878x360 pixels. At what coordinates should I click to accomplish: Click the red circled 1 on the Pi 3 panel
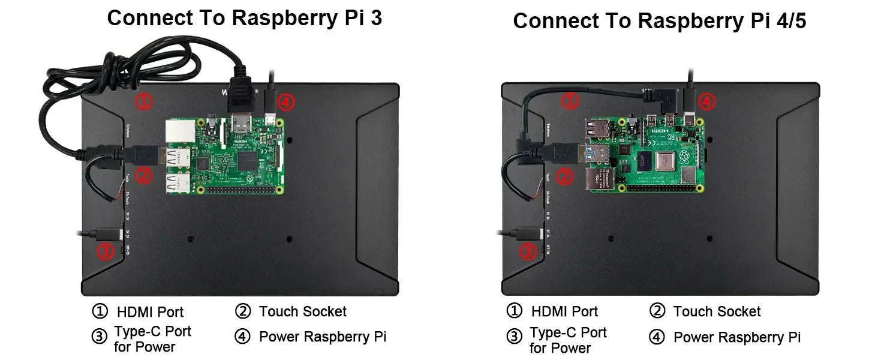[143, 101]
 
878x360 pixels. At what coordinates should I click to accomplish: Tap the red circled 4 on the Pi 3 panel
[286, 103]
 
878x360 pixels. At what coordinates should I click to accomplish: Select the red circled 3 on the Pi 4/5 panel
[527, 251]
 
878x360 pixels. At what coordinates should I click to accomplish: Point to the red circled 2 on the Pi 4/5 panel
[564, 176]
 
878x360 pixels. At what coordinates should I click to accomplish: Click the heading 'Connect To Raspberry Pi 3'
[244, 17]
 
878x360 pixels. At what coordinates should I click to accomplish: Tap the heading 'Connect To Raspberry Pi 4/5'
[660, 21]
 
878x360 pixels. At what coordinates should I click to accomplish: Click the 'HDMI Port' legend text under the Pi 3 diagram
[150, 312]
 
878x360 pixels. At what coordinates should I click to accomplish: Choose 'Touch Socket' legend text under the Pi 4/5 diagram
[717, 311]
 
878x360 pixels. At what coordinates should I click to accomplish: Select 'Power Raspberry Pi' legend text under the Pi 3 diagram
[322, 337]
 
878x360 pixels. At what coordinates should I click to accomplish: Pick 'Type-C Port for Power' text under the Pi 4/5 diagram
[567, 340]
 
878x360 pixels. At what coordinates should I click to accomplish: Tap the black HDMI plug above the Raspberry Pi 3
[241, 94]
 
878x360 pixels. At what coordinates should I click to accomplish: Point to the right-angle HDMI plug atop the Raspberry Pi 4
[665, 100]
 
